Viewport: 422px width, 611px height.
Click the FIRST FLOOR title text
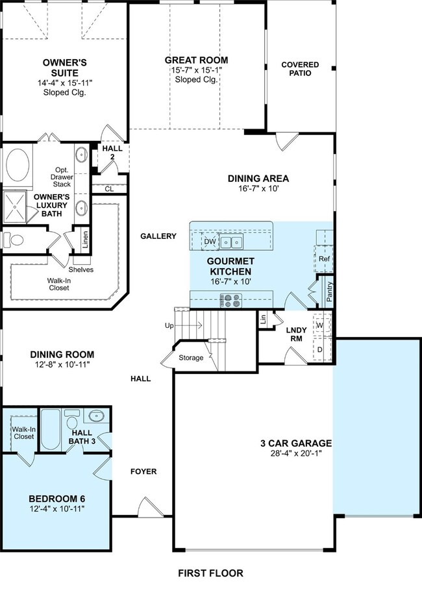point(210,573)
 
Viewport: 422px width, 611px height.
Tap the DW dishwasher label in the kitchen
point(210,242)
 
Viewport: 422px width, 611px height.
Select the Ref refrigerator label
point(324,258)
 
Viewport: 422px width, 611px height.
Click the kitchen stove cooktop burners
point(231,301)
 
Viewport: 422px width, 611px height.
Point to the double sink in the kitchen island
point(231,242)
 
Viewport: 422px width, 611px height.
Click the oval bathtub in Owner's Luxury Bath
point(18,164)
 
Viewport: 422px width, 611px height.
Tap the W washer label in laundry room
point(320,325)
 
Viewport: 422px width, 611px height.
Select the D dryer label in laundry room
point(320,349)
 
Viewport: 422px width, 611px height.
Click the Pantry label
point(330,292)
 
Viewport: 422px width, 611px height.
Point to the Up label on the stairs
point(169,326)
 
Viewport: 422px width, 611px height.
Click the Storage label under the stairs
point(191,358)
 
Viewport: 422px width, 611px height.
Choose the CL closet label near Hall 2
point(109,189)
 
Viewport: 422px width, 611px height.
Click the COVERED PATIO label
point(300,69)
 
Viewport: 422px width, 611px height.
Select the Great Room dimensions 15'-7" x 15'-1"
point(196,70)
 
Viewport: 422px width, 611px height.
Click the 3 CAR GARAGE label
point(296,443)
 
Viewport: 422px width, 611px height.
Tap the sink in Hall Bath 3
point(96,416)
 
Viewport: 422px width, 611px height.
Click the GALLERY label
point(158,236)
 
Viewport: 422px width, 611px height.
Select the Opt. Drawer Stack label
point(62,177)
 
